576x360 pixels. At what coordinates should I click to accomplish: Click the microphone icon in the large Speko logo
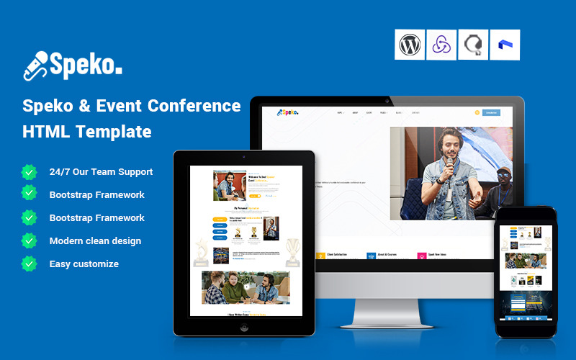point(35,65)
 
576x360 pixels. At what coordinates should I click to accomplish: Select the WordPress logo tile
point(410,45)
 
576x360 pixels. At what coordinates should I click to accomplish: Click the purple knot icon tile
point(441,45)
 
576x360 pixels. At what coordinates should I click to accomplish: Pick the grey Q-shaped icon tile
point(473,45)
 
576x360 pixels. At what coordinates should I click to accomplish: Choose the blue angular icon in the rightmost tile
point(505,45)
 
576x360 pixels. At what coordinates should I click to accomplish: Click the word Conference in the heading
point(194,105)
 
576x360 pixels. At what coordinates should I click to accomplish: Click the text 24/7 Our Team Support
point(101,172)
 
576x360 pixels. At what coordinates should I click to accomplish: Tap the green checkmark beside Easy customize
point(30,264)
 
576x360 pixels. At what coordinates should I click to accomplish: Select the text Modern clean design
point(95,240)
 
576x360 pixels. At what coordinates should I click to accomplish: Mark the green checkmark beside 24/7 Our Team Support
point(30,172)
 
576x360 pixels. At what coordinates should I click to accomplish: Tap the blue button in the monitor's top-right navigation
point(491,112)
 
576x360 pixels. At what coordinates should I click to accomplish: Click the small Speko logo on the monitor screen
point(288,112)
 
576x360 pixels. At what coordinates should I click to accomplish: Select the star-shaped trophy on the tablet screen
point(200,248)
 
